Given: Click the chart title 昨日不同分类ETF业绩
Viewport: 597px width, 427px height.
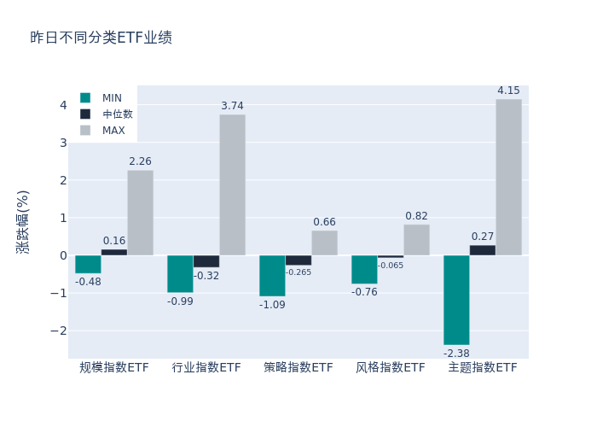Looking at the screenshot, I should tap(101, 38).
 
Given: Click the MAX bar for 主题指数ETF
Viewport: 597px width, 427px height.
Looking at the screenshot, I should tap(508, 177).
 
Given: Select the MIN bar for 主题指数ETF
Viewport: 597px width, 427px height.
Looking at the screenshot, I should tap(456, 300).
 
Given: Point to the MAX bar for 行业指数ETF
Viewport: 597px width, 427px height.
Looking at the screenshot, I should tap(232, 184).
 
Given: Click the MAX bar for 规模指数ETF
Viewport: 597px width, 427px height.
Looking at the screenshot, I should tap(140, 213).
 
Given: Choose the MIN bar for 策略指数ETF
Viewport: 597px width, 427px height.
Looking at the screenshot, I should tap(272, 276).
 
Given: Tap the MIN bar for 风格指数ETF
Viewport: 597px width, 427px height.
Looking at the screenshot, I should tap(364, 270).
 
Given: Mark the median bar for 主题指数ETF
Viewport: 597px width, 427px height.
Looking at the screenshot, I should tap(482, 250).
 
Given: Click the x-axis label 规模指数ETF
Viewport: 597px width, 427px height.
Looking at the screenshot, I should tap(114, 368).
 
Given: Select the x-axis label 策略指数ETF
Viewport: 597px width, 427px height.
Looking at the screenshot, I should tap(298, 368).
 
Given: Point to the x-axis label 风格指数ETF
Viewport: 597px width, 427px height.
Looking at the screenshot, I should tap(390, 368).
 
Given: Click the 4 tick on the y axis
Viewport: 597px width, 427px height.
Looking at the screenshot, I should tap(62, 105).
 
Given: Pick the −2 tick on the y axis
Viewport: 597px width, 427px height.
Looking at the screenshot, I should tap(59, 330).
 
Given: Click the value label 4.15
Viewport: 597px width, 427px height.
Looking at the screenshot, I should tap(508, 91).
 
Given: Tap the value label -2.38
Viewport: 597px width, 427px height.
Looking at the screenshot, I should tap(456, 353).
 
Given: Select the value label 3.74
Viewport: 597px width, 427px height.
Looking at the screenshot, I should tap(232, 106).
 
